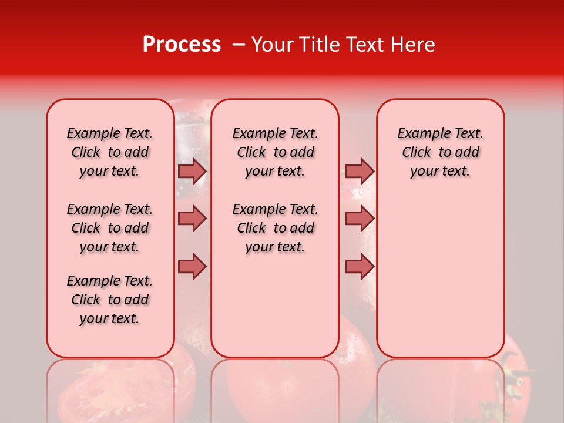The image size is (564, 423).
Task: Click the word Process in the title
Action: coord(182,45)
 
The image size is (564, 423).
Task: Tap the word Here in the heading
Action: coord(412,45)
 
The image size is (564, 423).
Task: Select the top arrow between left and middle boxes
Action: coord(192,171)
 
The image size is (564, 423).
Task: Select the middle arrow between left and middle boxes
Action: coord(192,219)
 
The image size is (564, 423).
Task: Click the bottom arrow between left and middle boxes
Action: coord(192,266)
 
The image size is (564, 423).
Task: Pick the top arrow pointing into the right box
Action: coord(360,171)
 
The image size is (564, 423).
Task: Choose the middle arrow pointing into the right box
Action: coord(360,219)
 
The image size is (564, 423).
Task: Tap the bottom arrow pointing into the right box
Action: coord(360,266)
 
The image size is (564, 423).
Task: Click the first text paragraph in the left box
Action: coord(110,152)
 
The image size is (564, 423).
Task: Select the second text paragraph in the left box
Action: coord(110,228)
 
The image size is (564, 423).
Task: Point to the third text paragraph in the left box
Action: coord(110,300)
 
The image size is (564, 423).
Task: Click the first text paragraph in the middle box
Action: coord(275,152)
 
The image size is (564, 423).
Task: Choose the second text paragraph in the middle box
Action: coord(275,228)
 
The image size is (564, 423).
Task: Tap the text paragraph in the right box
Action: coord(440,152)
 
